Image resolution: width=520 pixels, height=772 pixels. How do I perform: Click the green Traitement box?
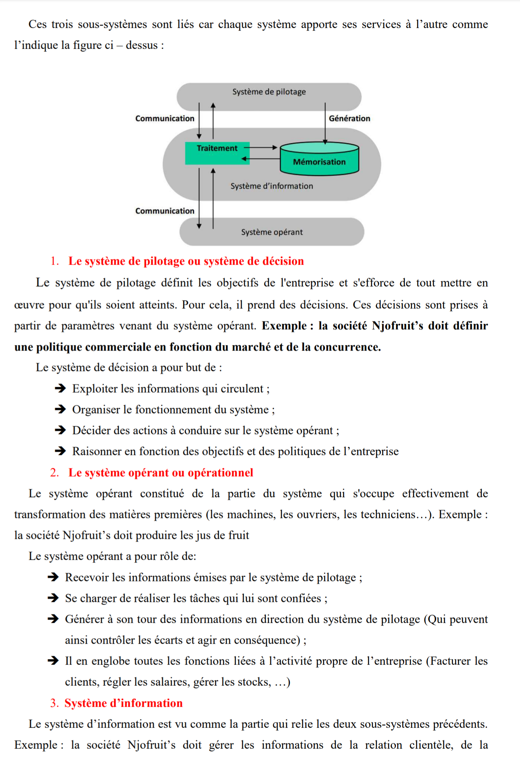(x=217, y=153)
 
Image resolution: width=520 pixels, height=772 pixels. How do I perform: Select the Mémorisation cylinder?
(x=319, y=159)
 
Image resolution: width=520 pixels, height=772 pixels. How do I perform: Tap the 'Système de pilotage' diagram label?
(x=269, y=92)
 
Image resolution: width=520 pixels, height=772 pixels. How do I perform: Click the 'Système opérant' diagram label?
(x=272, y=232)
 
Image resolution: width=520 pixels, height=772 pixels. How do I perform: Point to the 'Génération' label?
(x=349, y=119)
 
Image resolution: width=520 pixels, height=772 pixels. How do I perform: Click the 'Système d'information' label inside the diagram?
(x=271, y=186)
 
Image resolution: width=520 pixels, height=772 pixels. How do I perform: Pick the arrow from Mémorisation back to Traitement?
(x=261, y=159)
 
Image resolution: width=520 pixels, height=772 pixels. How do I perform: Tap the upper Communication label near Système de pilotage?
(x=165, y=119)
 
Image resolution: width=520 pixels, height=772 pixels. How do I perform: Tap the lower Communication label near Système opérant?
(x=165, y=211)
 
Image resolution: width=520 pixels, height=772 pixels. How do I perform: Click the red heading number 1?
(x=54, y=261)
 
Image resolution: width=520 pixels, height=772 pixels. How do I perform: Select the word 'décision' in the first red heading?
(x=283, y=261)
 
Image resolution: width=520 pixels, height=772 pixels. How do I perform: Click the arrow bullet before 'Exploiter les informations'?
(x=60, y=389)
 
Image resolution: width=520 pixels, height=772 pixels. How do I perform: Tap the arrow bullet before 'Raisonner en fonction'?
(x=60, y=451)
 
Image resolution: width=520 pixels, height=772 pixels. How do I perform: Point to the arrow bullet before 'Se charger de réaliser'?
(x=53, y=598)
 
